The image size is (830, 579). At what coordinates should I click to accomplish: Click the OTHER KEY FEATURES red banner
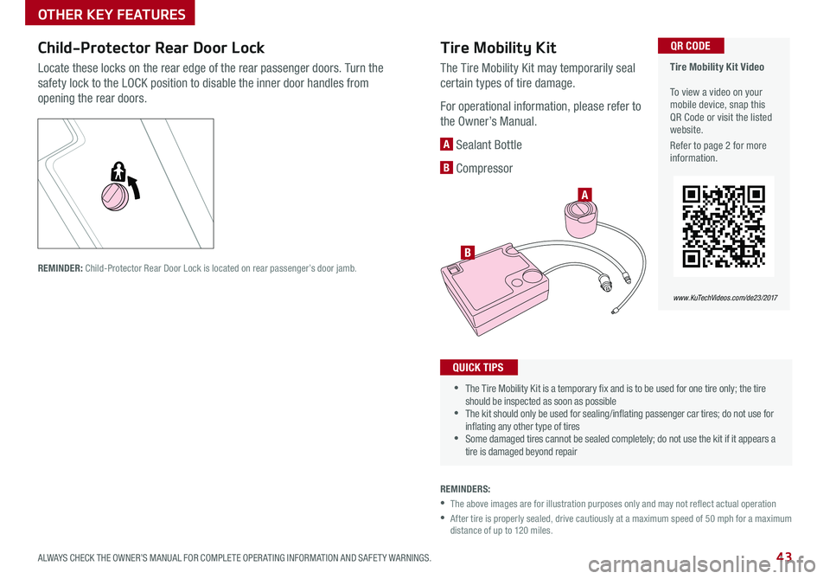110,13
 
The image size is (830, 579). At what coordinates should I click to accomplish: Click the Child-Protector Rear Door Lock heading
150,48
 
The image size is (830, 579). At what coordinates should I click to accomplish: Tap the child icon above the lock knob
118,171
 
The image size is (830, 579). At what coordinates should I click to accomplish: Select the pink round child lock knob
115,196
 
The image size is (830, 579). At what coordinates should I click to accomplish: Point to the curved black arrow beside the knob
135,187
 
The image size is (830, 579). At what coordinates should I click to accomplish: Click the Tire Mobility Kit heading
498,48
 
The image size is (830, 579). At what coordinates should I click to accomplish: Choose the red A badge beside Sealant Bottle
446,144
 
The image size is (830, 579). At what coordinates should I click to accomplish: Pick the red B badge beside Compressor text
446,168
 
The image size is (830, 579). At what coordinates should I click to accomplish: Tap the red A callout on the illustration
584,195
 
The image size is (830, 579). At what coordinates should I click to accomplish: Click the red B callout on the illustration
468,252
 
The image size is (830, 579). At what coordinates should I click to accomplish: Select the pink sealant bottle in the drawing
581,219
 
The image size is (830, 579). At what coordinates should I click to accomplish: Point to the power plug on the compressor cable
604,281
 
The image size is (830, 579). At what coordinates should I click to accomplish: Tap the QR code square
724,226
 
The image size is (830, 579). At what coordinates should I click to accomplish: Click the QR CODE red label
690,46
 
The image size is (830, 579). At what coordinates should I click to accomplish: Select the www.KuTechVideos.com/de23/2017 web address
725,298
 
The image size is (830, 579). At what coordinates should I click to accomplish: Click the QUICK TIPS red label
478,367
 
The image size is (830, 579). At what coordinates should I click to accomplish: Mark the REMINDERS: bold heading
465,489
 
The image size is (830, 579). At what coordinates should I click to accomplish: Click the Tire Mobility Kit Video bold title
717,67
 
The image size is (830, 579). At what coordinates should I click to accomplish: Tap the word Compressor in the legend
484,168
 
